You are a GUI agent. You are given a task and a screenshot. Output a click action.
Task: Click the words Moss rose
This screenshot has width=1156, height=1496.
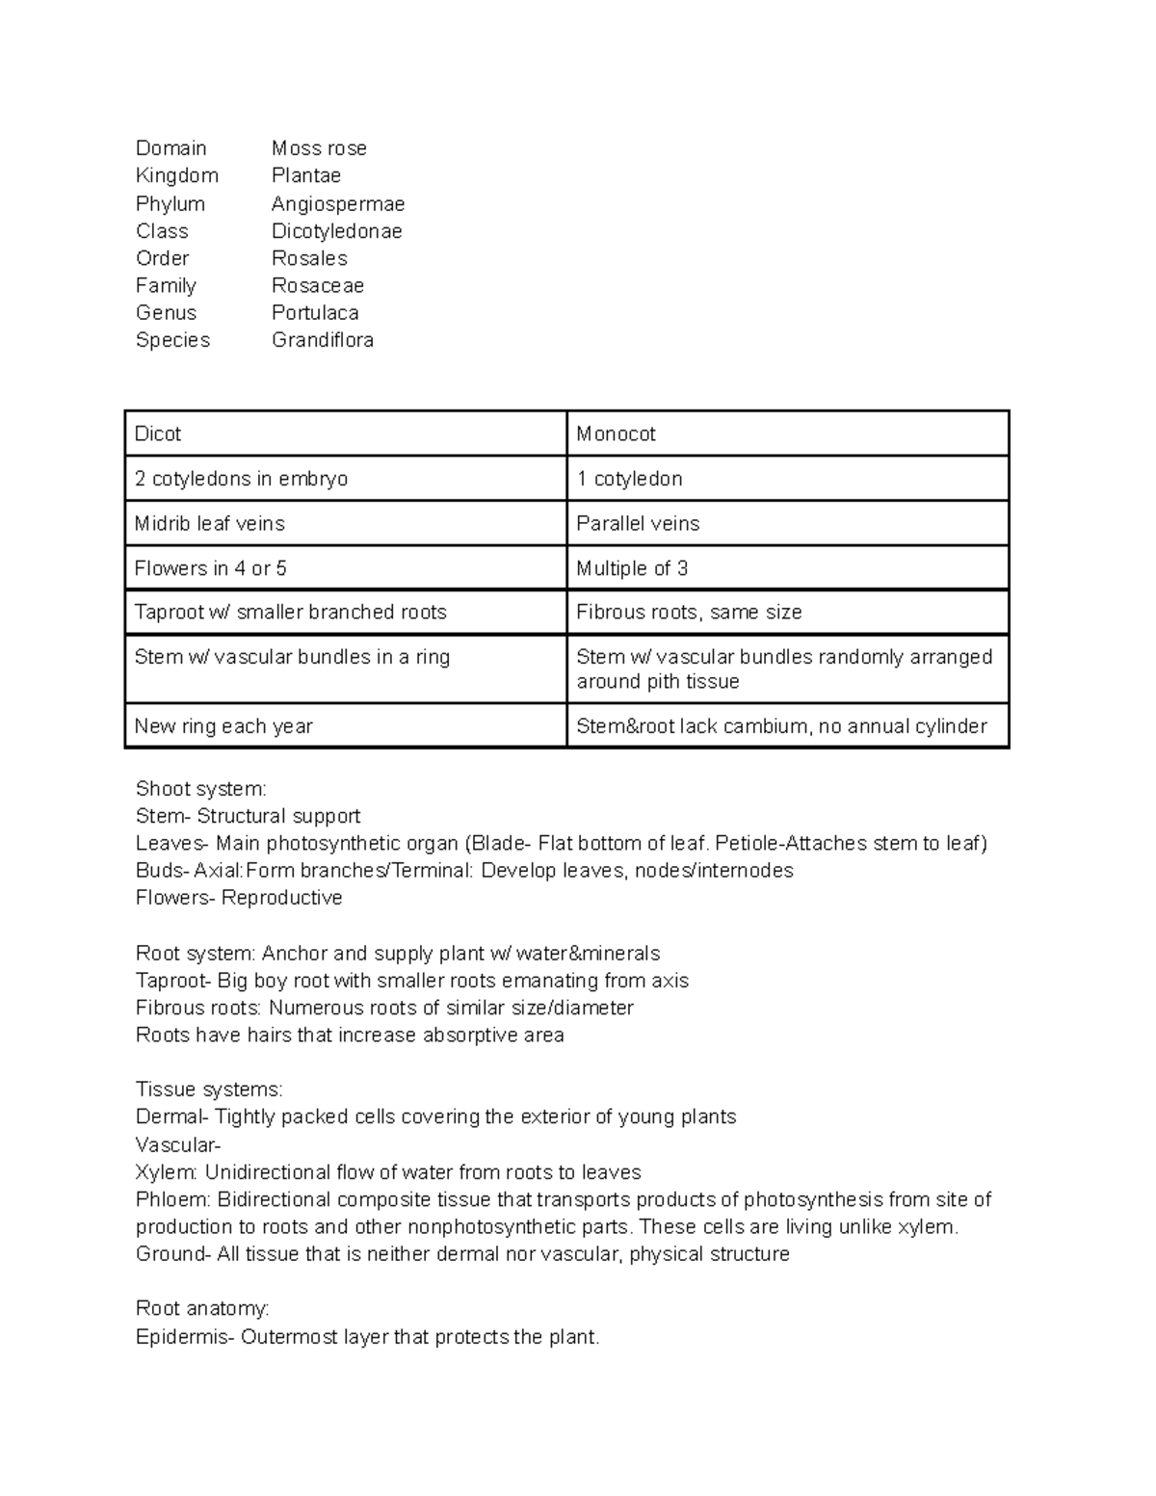(319, 148)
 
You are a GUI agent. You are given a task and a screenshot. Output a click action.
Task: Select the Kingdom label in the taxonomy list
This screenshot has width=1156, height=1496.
(177, 175)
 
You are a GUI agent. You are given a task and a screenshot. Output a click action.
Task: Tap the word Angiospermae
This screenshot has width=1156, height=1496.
(338, 203)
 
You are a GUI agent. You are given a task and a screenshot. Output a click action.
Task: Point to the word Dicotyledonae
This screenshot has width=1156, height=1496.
(336, 231)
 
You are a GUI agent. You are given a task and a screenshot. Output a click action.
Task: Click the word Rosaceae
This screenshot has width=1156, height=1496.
(318, 285)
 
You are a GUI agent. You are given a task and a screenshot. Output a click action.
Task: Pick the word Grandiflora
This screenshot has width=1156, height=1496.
(323, 340)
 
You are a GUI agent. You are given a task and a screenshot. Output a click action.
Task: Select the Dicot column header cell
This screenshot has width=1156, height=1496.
(346, 433)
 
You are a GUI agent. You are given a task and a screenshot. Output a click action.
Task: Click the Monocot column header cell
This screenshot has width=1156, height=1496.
(787, 433)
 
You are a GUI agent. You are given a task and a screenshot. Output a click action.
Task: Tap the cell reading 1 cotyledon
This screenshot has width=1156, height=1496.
(787, 479)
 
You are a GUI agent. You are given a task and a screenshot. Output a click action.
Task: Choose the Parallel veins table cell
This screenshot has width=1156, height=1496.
(787, 523)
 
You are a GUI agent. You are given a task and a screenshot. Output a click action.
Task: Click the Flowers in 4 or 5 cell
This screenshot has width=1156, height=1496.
(346, 568)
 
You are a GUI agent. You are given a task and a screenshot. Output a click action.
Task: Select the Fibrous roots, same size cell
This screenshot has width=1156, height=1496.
(787, 612)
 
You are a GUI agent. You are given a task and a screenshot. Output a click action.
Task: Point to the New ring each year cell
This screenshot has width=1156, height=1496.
(346, 726)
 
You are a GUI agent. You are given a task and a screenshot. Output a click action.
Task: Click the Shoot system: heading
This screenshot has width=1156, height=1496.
(201, 789)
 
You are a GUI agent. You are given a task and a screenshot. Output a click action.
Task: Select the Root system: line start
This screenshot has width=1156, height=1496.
(196, 954)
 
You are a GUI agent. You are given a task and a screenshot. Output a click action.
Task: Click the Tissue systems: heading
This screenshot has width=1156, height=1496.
(209, 1089)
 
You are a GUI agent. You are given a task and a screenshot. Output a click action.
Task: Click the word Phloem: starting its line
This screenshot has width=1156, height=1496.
(173, 1199)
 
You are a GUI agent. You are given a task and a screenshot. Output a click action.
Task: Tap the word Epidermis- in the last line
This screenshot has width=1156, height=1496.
(185, 1337)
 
